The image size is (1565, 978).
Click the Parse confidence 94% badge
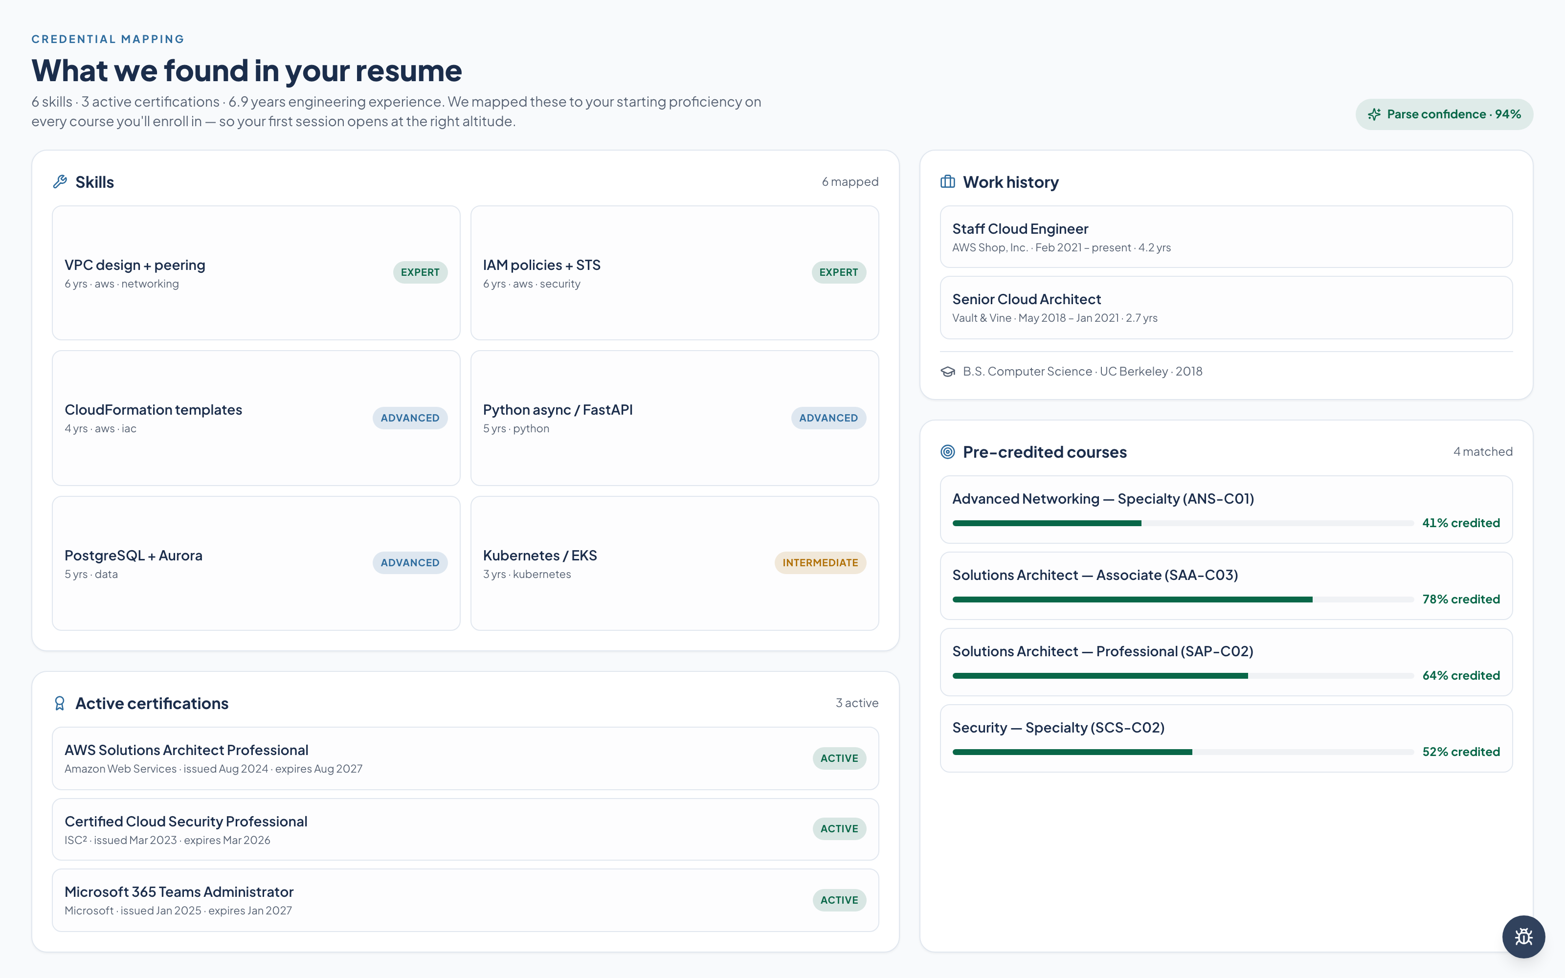pyautogui.click(x=1444, y=114)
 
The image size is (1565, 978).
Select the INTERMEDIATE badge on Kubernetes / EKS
pyautogui.click(x=820, y=563)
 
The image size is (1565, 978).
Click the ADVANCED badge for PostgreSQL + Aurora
pyautogui.click(x=410, y=563)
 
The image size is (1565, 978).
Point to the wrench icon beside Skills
pyautogui.click(x=60, y=182)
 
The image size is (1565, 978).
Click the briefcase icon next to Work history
pyautogui.click(x=947, y=182)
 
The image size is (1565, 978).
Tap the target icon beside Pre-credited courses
pyautogui.click(x=947, y=451)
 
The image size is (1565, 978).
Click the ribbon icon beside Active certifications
pyautogui.click(x=60, y=703)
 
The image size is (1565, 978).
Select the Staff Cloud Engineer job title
pyautogui.click(x=1020, y=229)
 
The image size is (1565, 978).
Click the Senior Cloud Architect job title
pyautogui.click(x=1027, y=299)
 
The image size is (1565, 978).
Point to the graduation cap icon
pyautogui.click(x=947, y=371)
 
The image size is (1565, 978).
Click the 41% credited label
pyautogui.click(x=1461, y=523)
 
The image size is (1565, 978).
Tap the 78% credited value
pyautogui.click(x=1461, y=599)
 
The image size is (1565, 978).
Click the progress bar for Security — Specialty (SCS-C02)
pyautogui.click(x=1183, y=752)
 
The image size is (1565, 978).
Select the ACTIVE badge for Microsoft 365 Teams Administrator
pyautogui.click(x=839, y=900)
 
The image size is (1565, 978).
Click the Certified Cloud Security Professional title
pyautogui.click(x=186, y=822)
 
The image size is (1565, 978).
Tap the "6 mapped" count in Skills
pyautogui.click(x=850, y=182)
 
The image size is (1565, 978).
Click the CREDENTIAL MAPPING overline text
pyautogui.click(x=108, y=40)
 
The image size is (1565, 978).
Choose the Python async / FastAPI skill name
pyautogui.click(x=558, y=410)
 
